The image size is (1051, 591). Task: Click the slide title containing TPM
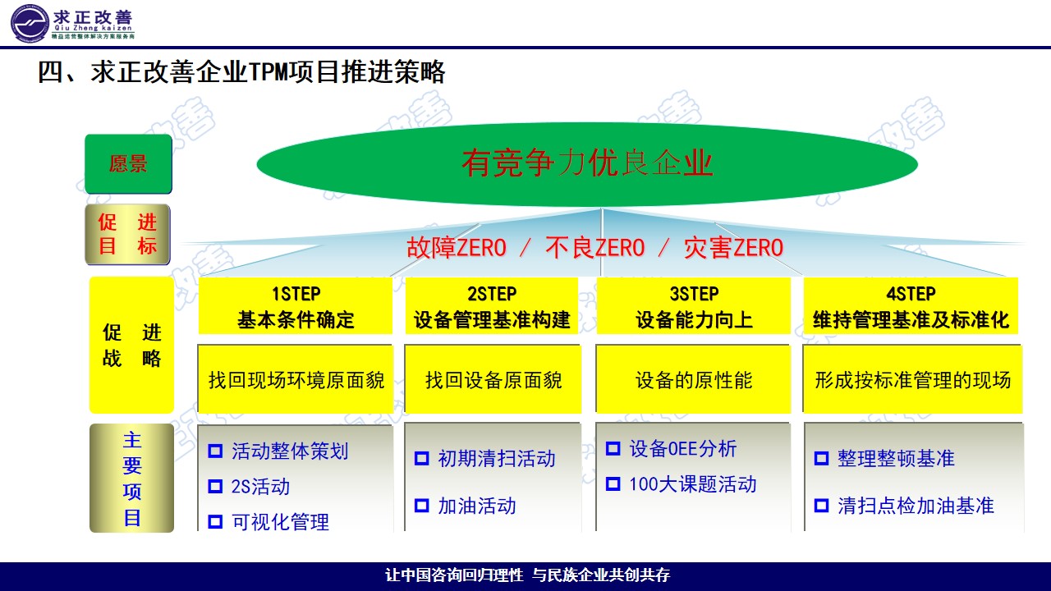(x=241, y=72)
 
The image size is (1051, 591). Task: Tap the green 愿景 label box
(x=128, y=164)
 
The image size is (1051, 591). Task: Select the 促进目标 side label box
(x=128, y=234)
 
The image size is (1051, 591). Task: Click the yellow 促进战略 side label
(x=131, y=345)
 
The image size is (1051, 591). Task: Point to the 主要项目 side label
(x=131, y=479)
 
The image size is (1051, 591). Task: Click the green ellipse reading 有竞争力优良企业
(x=587, y=163)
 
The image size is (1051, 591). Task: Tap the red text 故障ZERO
(x=457, y=248)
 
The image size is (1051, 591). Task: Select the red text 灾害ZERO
(x=733, y=248)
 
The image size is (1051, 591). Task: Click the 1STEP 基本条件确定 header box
(x=296, y=306)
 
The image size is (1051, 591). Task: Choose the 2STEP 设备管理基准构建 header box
(x=492, y=306)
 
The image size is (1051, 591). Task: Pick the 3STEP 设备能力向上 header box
(x=694, y=306)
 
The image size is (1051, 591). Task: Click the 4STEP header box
(x=911, y=306)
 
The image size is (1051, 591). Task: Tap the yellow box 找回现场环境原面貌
(x=296, y=380)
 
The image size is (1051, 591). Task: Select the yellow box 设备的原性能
(x=694, y=380)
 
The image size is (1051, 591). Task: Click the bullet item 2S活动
(x=260, y=487)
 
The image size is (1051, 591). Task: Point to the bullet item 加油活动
(x=476, y=506)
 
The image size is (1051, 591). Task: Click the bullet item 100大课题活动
(x=692, y=484)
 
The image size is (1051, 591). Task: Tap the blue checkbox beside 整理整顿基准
(x=821, y=459)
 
